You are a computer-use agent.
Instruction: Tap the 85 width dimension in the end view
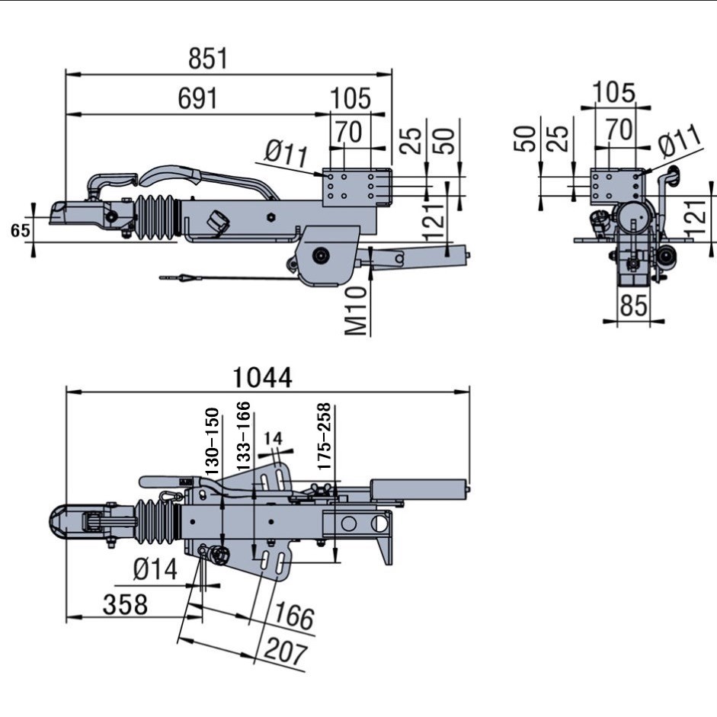click(633, 306)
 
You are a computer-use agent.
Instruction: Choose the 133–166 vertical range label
click(243, 436)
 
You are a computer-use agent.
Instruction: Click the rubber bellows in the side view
click(156, 219)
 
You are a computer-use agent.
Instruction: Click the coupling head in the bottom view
click(66, 526)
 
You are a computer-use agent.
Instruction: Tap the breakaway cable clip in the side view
click(186, 278)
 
